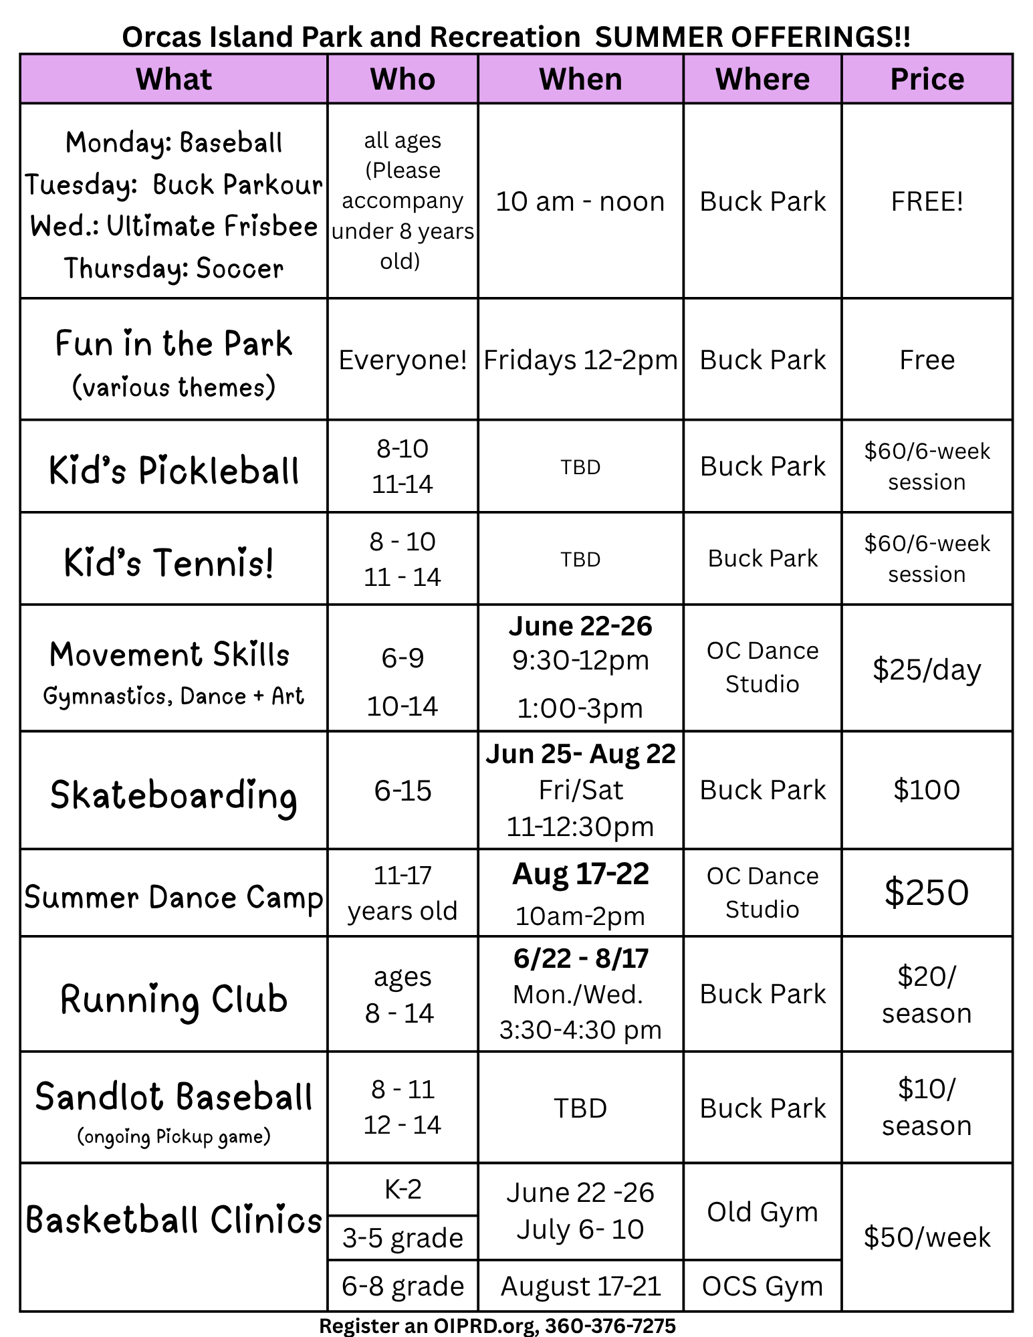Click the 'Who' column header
403,79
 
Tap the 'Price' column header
927,79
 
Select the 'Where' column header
762,79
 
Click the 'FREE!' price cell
927,201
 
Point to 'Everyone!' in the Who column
403,360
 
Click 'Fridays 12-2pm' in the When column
580,360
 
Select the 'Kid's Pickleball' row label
174,470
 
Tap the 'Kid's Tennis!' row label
169,562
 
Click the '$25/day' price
927,669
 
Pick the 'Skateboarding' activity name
174,795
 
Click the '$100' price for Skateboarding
927,790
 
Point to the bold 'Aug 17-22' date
580,874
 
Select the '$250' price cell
927,892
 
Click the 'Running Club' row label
174,999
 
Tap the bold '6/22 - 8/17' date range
580,958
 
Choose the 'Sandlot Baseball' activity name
174,1098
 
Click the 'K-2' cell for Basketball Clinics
403,1189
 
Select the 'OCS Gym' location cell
762,1285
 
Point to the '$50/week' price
927,1237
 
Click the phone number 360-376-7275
610,1325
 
